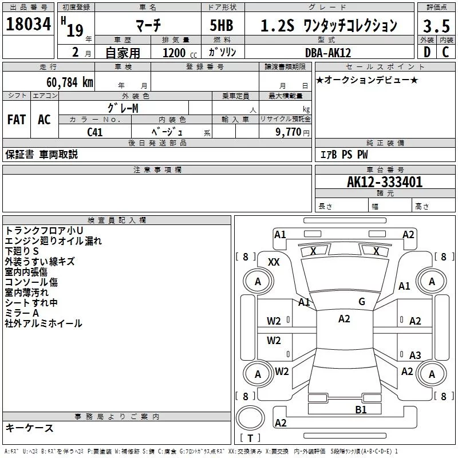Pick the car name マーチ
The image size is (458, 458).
point(148,25)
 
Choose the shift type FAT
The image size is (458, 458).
point(16,120)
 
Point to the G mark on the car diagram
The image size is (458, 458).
point(362,302)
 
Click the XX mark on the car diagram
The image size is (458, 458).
point(274,262)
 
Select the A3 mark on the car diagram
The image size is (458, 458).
point(415,355)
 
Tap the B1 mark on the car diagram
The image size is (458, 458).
point(361,409)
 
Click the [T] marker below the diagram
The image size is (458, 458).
point(250,438)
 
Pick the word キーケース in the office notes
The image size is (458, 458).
point(29,428)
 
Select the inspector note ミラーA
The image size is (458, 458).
point(22,313)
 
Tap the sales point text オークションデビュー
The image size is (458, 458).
point(366,80)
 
